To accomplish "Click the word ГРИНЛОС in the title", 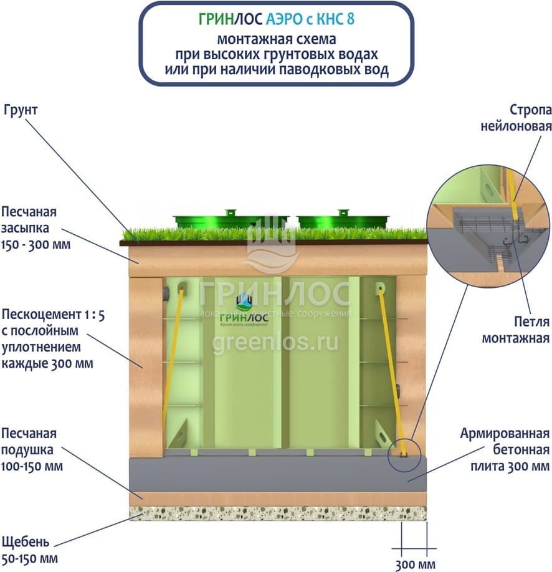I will (x=231, y=19).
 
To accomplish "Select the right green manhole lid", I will (x=343, y=220).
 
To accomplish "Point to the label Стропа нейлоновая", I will (x=516, y=118).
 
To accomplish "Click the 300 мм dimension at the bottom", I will (x=412, y=565).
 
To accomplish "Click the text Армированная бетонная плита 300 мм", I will (x=505, y=450).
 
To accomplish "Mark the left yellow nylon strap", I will (x=173, y=355).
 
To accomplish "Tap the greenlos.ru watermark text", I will (x=275, y=341).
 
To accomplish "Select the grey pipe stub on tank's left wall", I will (x=165, y=293).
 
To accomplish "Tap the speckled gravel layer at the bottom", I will (x=277, y=513).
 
